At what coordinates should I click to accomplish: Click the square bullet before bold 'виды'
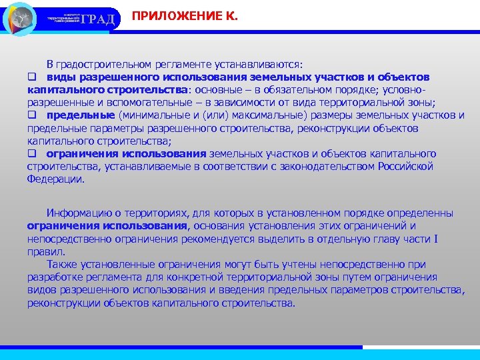coord(31,77)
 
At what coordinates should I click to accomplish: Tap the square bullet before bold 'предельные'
coord(31,115)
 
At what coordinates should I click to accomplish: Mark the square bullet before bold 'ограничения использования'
coord(31,153)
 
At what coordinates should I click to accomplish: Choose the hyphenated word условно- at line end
coord(403,90)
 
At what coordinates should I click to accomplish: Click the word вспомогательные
coord(130,103)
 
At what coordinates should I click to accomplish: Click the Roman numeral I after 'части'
coord(435,239)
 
